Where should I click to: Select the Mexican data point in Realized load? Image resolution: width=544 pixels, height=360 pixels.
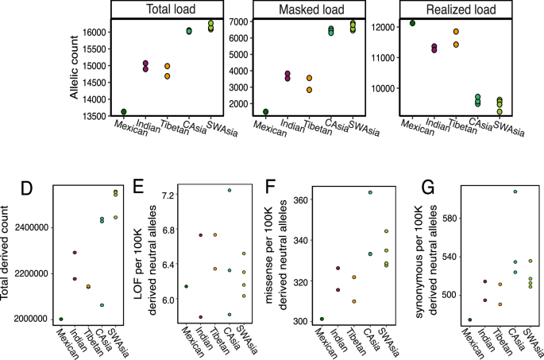412,23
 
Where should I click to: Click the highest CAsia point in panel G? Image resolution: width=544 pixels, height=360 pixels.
515,192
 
